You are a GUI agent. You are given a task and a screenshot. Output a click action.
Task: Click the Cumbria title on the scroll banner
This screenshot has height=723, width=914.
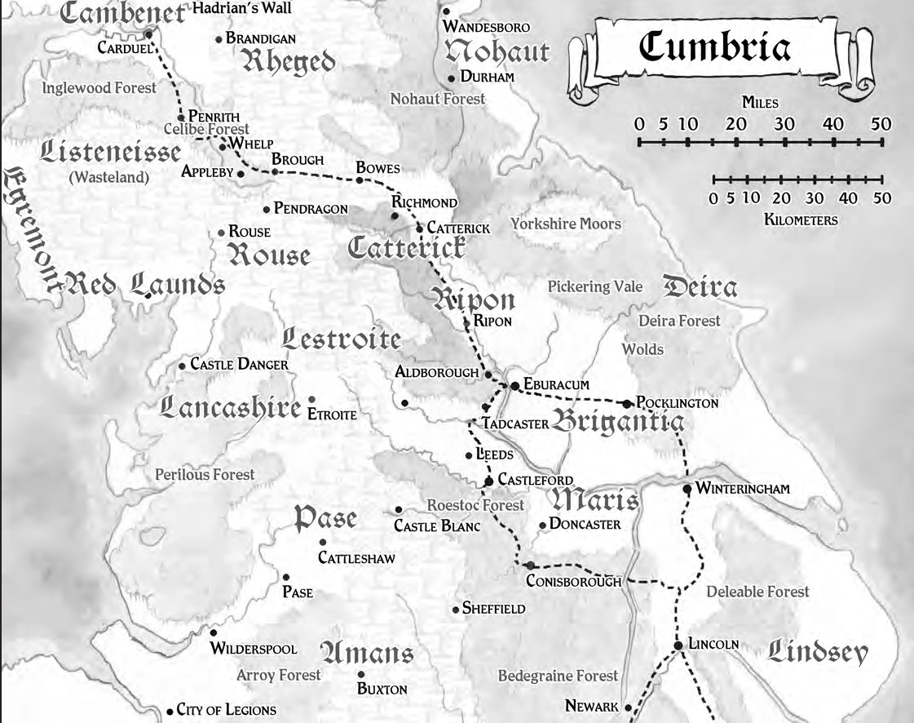(x=714, y=47)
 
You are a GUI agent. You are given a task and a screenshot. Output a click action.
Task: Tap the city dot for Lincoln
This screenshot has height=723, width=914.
(x=678, y=646)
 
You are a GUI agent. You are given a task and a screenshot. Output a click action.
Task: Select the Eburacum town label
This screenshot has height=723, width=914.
(x=557, y=384)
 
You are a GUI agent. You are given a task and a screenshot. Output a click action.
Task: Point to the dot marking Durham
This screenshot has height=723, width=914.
(x=451, y=78)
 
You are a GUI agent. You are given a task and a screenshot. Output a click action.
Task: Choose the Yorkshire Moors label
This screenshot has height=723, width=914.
(x=566, y=224)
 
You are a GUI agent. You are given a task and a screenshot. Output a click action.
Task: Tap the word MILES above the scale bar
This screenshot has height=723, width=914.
(x=760, y=104)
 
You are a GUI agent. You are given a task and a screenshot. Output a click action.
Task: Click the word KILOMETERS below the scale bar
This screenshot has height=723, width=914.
(x=801, y=220)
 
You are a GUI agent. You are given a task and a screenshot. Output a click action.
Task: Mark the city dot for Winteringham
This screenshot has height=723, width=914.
(x=687, y=489)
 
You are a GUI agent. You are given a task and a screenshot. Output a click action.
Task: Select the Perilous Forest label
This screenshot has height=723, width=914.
(x=205, y=474)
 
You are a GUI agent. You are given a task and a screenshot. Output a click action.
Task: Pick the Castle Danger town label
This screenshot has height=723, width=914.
(x=239, y=365)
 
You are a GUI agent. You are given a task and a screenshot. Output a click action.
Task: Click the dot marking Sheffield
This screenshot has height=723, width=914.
(x=455, y=610)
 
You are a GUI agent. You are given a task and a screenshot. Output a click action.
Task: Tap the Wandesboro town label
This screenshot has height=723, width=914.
(x=486, y=27)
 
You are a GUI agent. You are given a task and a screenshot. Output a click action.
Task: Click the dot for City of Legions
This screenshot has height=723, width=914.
(x=170, y=711)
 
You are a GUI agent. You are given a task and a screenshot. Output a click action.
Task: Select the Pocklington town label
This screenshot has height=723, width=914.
(x=677, y=403)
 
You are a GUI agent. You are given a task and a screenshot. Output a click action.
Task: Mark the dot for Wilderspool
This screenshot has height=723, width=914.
(x=214, y=632)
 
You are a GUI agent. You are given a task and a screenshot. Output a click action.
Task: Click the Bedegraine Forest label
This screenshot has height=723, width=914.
(x=558, y=676)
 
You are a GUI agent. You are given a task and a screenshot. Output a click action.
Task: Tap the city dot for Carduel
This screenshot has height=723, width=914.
(x=149, y=34)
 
